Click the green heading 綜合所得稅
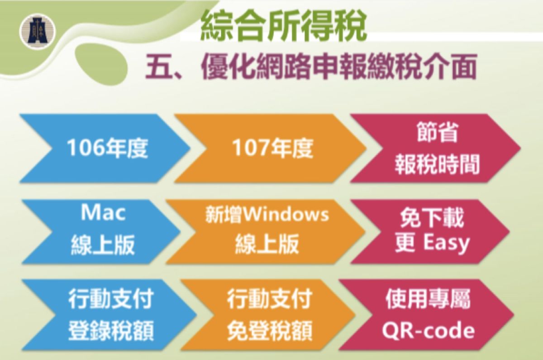(283, 27)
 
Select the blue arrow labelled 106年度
(104, 148)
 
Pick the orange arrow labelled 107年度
(271, 148)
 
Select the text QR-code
(428, 331)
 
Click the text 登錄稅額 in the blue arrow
(110, 331)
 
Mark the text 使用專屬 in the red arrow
(428, 301)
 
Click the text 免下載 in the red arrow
(432, 218)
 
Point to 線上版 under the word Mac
(102, 245)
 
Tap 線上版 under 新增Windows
(267, 245)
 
